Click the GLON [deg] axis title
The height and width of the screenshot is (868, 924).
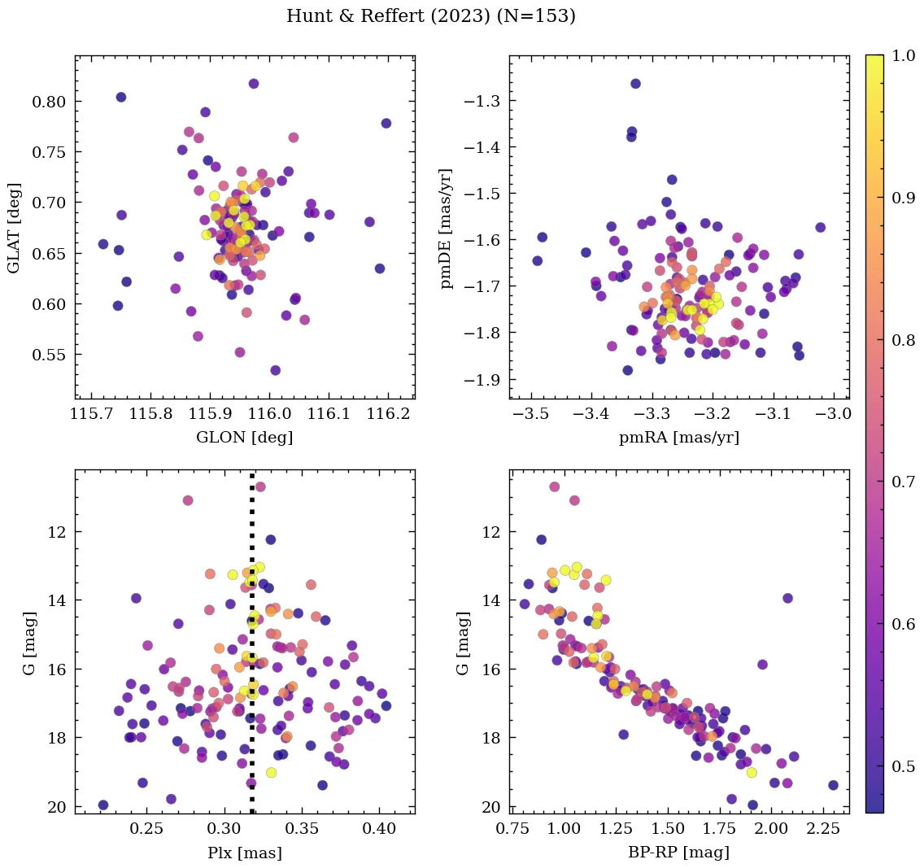coord(244,438)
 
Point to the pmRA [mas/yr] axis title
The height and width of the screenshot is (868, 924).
coord(679,438)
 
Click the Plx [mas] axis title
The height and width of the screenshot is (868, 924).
coord(244,853)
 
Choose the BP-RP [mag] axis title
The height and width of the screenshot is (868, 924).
coord(679,853)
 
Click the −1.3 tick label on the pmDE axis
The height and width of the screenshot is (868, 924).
coord(482,101)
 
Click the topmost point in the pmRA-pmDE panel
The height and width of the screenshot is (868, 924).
coord(635,84)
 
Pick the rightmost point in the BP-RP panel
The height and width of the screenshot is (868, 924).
coord(833,785)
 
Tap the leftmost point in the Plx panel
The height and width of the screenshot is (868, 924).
coord(103,805)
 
